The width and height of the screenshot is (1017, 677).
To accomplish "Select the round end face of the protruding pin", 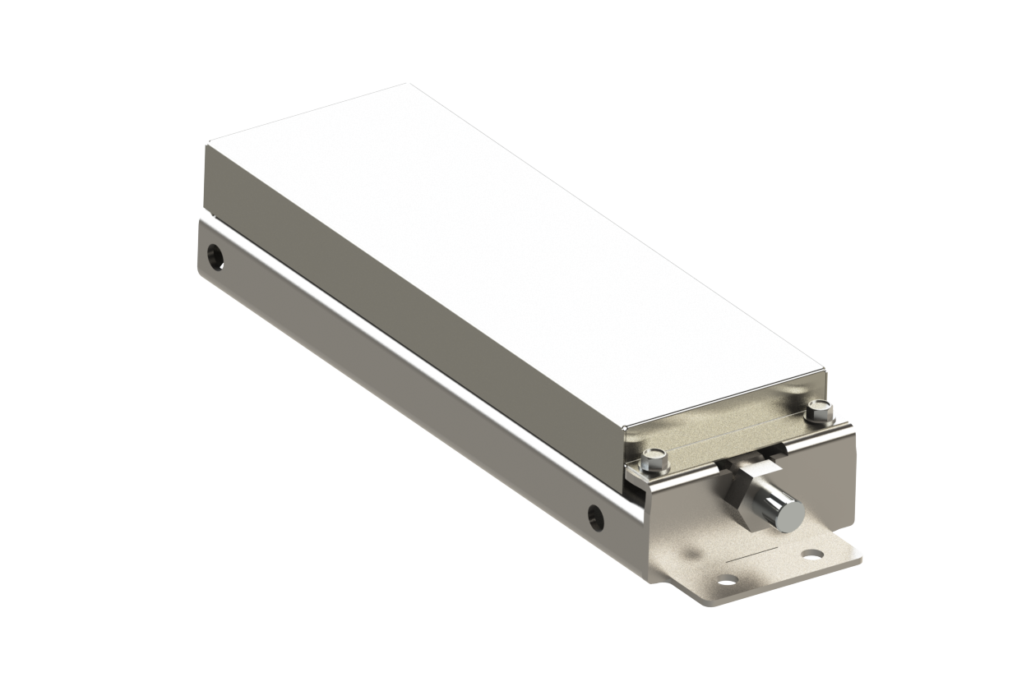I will click(791, 514).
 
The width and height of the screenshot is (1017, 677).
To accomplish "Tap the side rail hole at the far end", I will click(216, 255).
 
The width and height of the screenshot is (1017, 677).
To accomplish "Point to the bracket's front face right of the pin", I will click(830, 493).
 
